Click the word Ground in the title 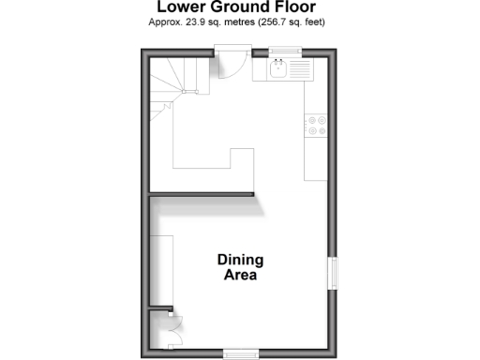pyautogui.click(x=240, y=7)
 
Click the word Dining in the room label pyautogui.click(x=240, y=260)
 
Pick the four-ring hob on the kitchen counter pyautogui.click(x=317, y=125)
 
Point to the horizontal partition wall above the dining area pyautogui.click(x=202, y=195)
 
